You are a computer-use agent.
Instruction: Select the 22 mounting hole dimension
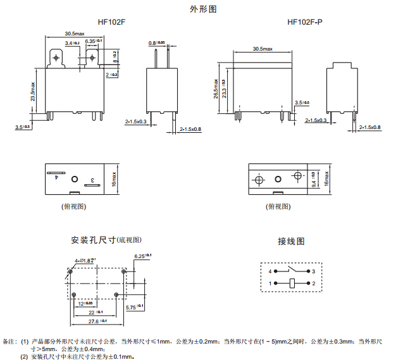click(94, 312)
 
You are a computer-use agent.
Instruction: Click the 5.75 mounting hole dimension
click(135, 306)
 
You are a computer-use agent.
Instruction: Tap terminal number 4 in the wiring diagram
click(271, 271)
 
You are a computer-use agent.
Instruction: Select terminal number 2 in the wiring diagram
click(313, 283)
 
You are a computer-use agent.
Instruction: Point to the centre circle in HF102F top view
click(74, 180)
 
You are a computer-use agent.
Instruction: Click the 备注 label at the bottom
click(10, 342)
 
